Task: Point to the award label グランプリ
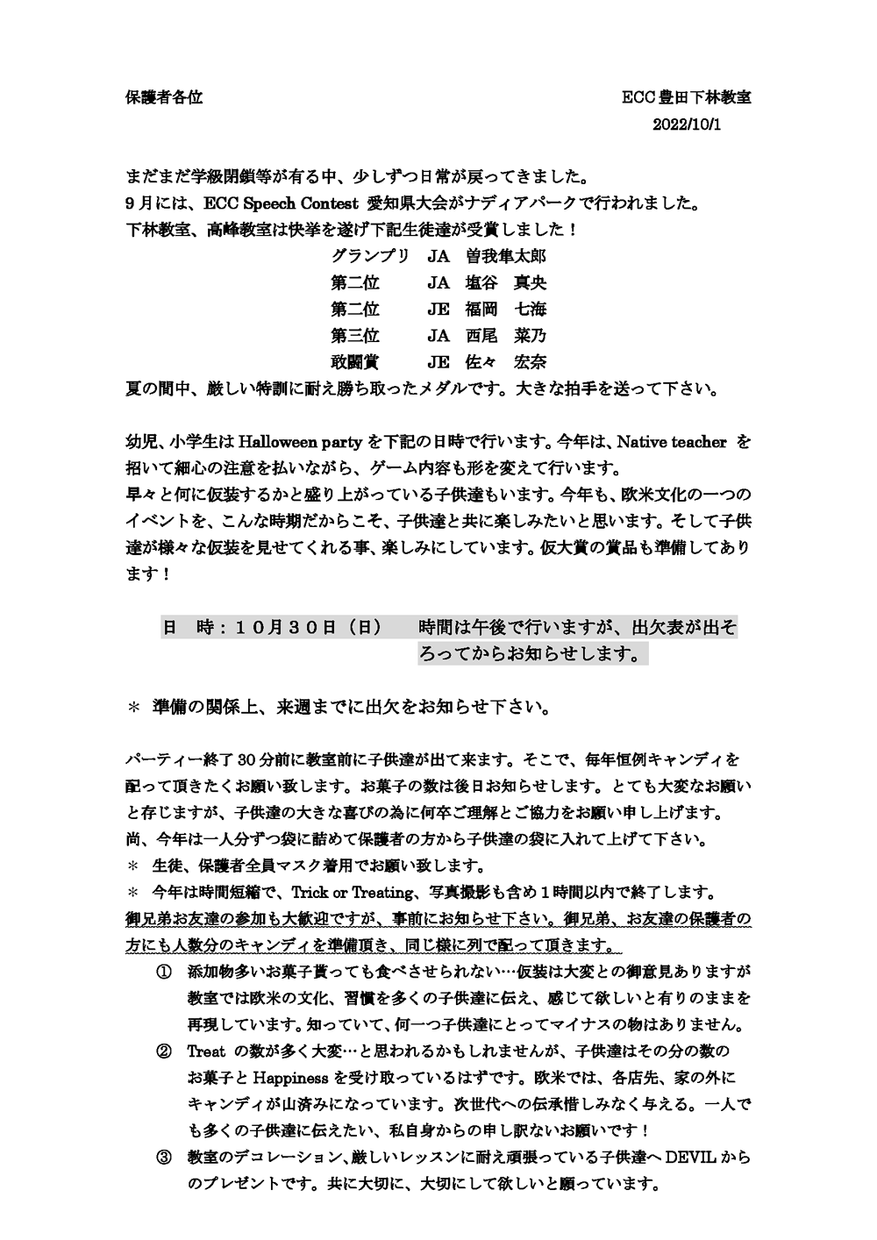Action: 370,257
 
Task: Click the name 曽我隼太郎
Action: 506,257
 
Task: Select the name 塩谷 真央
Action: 506,283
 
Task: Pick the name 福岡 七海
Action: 506,310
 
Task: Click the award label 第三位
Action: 355,336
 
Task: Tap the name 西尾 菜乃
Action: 506,336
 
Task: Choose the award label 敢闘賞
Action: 355,362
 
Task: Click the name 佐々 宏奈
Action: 506,362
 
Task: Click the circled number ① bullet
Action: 163,973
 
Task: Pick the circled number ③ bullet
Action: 163,1158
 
